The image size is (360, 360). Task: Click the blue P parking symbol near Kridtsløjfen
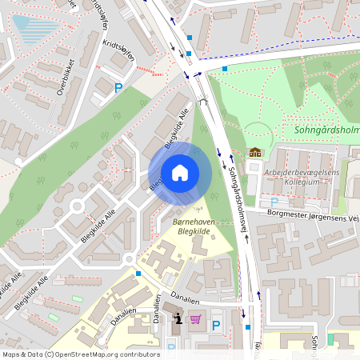[118, 89]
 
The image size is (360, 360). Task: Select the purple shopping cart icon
[194, 320]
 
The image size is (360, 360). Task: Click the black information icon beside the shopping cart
[176, 320]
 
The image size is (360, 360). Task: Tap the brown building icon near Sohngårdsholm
[255, 152]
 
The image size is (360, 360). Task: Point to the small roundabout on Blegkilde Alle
[77, 206]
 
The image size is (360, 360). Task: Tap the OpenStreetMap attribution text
[70, 354]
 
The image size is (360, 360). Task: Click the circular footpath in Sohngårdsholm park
[258, 135]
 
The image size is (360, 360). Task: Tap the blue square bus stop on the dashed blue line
[225, 69]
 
